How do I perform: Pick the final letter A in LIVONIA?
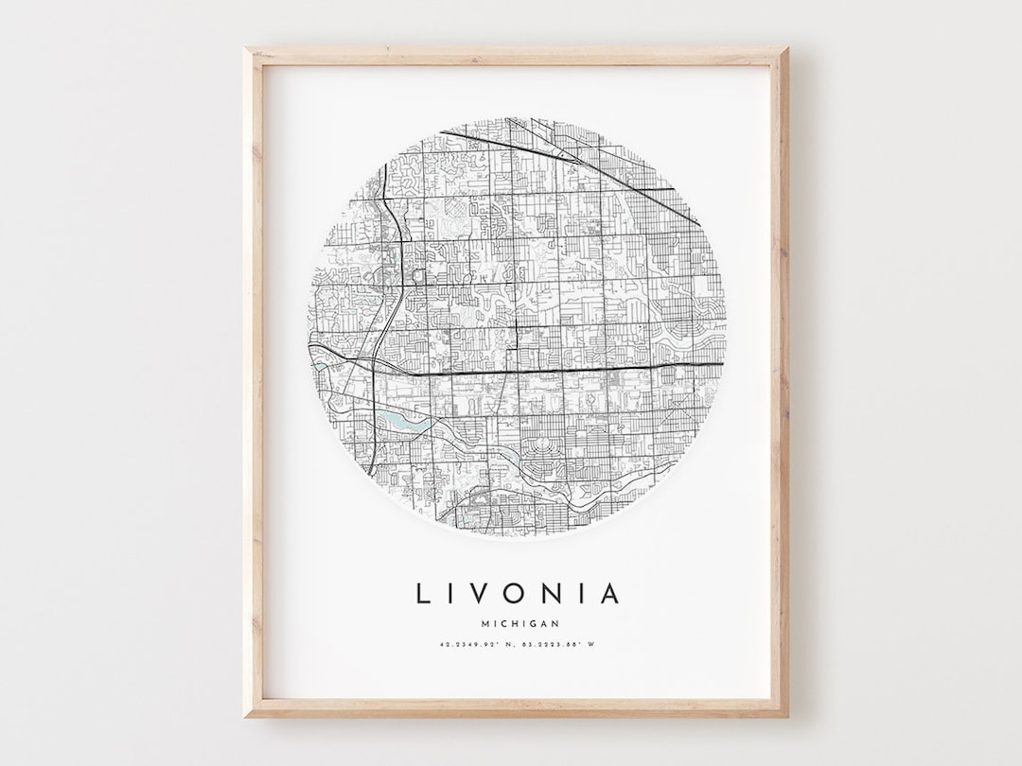(x=610, y=594)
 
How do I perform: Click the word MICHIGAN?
(x=520, y=623)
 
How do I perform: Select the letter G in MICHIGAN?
(x=533, y=623)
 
